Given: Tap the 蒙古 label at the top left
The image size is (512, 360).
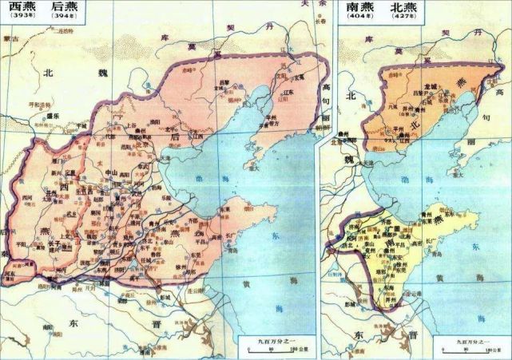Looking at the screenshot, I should click(10, 38).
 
